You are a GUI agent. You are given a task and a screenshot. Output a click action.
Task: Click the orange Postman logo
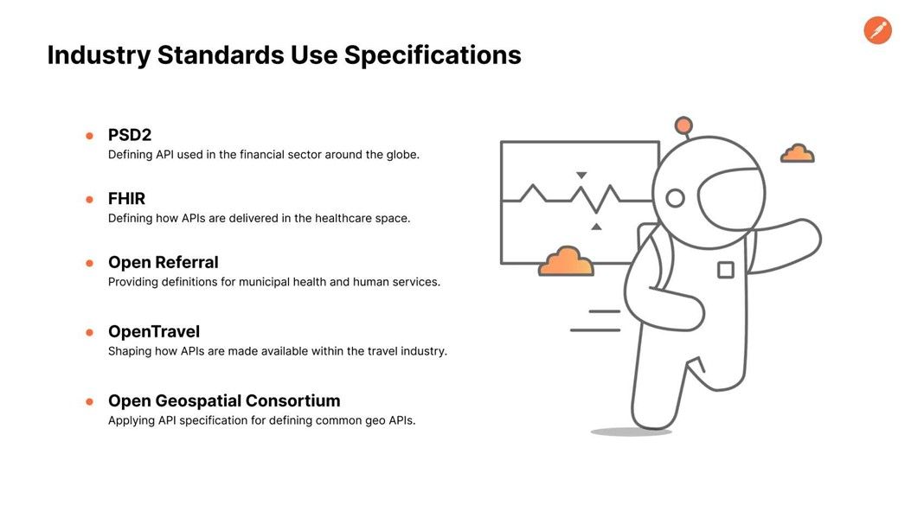coord(877,30)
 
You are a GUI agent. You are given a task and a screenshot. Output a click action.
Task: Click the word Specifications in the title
coord(433,55)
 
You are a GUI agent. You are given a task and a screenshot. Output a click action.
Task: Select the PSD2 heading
coord(130,135)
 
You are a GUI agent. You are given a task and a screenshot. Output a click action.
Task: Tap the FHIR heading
coord(126,199)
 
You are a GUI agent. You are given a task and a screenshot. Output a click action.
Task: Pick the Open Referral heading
coord(164,262)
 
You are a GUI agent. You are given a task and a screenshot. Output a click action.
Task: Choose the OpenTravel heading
coord(154,331)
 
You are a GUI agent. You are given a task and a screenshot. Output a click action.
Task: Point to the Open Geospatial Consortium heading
coord(224,400)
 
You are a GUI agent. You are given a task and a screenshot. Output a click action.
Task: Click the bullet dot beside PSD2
coord(89,136)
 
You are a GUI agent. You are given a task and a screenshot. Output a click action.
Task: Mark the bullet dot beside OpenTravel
coord(89,333)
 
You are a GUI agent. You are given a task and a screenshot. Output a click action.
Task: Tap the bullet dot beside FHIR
coord(89,200)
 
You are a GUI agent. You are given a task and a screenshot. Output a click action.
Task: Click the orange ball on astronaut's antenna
coord(683,125)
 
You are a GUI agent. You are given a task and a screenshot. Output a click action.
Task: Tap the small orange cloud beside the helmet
coord(797,153)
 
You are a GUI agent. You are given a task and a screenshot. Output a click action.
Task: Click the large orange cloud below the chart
coord(567,261)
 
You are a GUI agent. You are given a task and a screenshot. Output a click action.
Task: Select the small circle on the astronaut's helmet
coord(675,199)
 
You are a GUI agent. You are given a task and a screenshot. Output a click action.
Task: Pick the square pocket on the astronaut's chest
coord(726,270)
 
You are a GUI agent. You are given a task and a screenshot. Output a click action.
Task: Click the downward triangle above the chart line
coord(581,175)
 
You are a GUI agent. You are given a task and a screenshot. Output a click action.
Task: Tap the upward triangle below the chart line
coord(596,227)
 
